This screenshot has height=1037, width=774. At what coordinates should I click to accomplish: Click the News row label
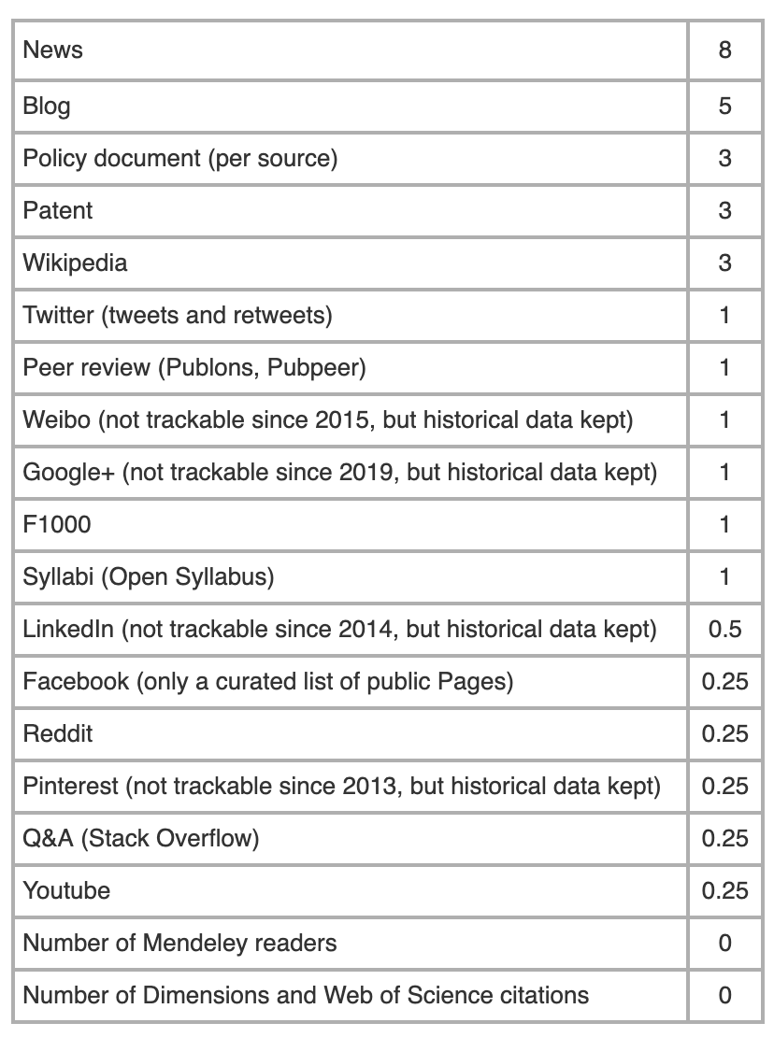point(53,50)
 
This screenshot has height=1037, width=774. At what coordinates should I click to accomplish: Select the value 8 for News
point(724,50)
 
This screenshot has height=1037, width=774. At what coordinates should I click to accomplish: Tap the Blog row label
point(47,106)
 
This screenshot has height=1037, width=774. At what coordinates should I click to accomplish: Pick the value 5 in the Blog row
point(724,106)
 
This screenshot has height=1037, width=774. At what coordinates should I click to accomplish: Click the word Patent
point(58,210)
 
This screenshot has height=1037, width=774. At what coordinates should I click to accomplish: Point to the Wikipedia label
point(75,263)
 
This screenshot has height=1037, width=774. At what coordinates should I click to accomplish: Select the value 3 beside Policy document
point(724,158)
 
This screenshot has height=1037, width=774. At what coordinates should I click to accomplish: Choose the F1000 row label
point(57,524)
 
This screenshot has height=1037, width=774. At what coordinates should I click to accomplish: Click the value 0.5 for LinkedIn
point(724,629)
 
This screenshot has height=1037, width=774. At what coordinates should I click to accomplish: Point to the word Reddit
point(58,733)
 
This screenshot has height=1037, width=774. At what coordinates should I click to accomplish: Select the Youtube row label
point(66,890)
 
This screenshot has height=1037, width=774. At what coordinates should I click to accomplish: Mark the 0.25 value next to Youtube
point(724,890)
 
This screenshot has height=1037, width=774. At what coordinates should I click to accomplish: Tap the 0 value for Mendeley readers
point(724,943)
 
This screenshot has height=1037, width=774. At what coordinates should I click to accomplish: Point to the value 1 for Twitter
point(724,315)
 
